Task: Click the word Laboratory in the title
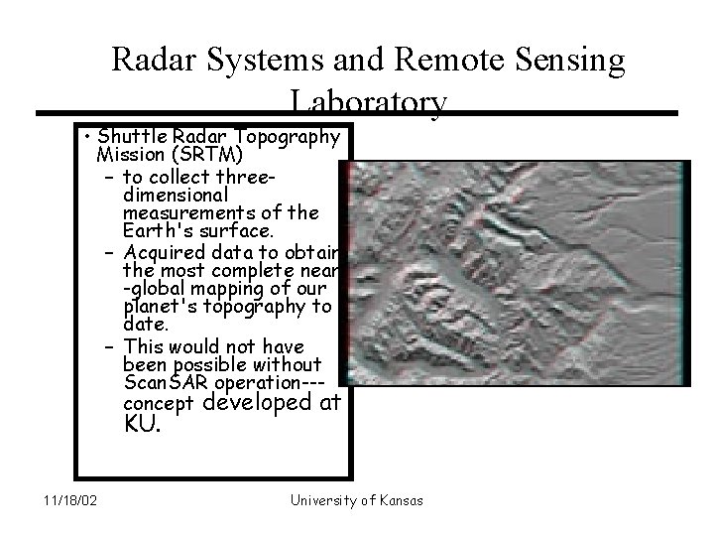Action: click(x=368, y=102)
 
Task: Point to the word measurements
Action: click(x=181, y=213)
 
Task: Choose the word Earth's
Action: click(x=157, y=231)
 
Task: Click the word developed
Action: click(x=271, y=403)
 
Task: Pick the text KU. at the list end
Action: click(x=139, y=424)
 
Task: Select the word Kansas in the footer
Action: click(x=399, y=500)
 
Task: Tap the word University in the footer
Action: click(x=322, y=500)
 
